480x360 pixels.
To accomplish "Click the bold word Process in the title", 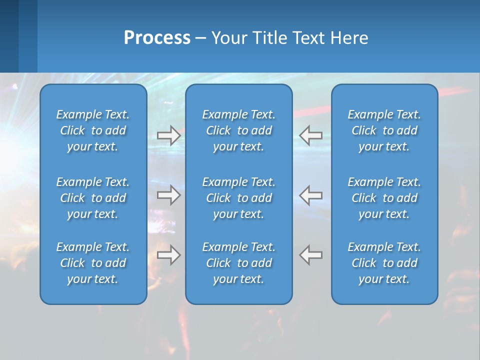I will [x=157, y=38].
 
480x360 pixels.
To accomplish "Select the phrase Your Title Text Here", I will [x=289, y=38].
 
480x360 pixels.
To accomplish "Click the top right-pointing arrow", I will [x=168, y=135].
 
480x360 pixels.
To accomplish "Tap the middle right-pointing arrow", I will [x=168, y=195].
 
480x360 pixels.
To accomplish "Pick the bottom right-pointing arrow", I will [x=168, y=255].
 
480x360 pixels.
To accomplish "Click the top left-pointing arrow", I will [x=311, y=135].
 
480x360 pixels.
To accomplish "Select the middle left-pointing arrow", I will [x=311, y=195].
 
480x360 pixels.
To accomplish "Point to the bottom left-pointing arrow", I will [x=311, y=255].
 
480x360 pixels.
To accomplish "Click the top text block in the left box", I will [x=93, y=130].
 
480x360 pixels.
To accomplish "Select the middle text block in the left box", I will [x=93, y=198].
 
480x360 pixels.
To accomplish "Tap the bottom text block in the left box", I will [x=93, y=263].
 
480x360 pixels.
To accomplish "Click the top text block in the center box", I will [x=239, y=130].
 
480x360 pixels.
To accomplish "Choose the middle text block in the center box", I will [x=239, y=198].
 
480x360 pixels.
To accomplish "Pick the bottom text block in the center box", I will [x=239, y=263].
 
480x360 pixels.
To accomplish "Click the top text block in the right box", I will [x=384, y=130].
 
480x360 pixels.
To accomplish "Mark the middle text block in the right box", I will [x=384, y=198].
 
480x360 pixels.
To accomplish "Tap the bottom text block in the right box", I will [x=384, y=263].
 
